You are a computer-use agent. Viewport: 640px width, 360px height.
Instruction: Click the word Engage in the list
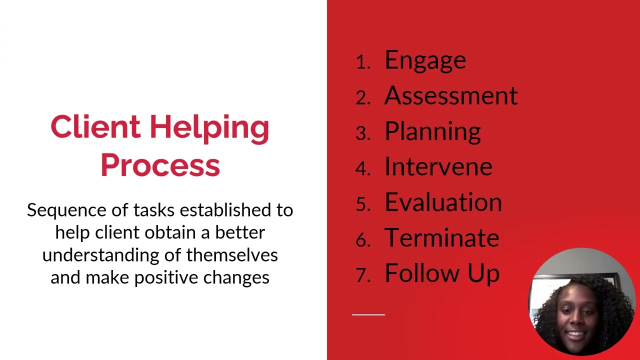[425, 60]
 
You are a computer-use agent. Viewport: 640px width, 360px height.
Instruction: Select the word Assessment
[450, 95]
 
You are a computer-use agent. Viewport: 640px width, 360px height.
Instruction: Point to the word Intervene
[438, 167]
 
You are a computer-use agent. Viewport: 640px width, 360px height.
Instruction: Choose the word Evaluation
[443, 202]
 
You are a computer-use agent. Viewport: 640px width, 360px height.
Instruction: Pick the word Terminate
[441, 238]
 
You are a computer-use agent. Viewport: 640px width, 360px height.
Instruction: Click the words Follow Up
[442, 273]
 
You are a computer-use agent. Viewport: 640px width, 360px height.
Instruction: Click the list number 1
[362, 62]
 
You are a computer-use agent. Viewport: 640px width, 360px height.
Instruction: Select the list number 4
[362, 168]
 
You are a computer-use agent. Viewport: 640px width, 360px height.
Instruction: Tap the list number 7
[362, 275]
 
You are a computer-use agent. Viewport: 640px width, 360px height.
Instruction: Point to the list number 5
[362, 204]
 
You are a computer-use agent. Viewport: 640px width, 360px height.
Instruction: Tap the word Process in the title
[160, 165]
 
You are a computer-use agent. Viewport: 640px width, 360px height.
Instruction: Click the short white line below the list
[368, 314]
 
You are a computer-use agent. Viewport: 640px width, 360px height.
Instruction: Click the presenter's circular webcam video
[581, 301]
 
